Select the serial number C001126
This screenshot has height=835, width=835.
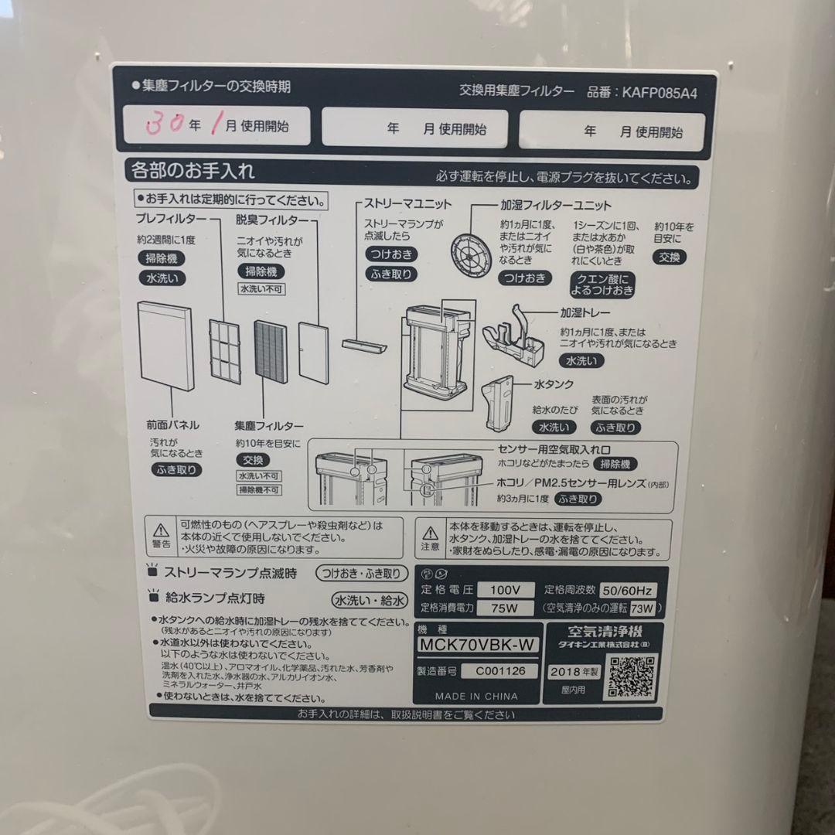[x=500, y=671]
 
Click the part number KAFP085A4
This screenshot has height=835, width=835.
[x=653, y=91]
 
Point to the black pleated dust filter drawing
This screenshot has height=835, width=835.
[x=270, y=351]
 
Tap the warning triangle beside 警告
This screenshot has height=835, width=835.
[x=162, y=530]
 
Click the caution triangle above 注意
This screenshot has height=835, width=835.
[x=430, y=533]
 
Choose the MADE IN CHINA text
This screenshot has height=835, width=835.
[x=477, y=696]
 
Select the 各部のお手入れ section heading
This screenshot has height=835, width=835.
[x=193, y=170]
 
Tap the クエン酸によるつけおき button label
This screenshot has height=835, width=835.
[x=602, y=285]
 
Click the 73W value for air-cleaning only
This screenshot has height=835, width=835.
[x=642, y=608]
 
